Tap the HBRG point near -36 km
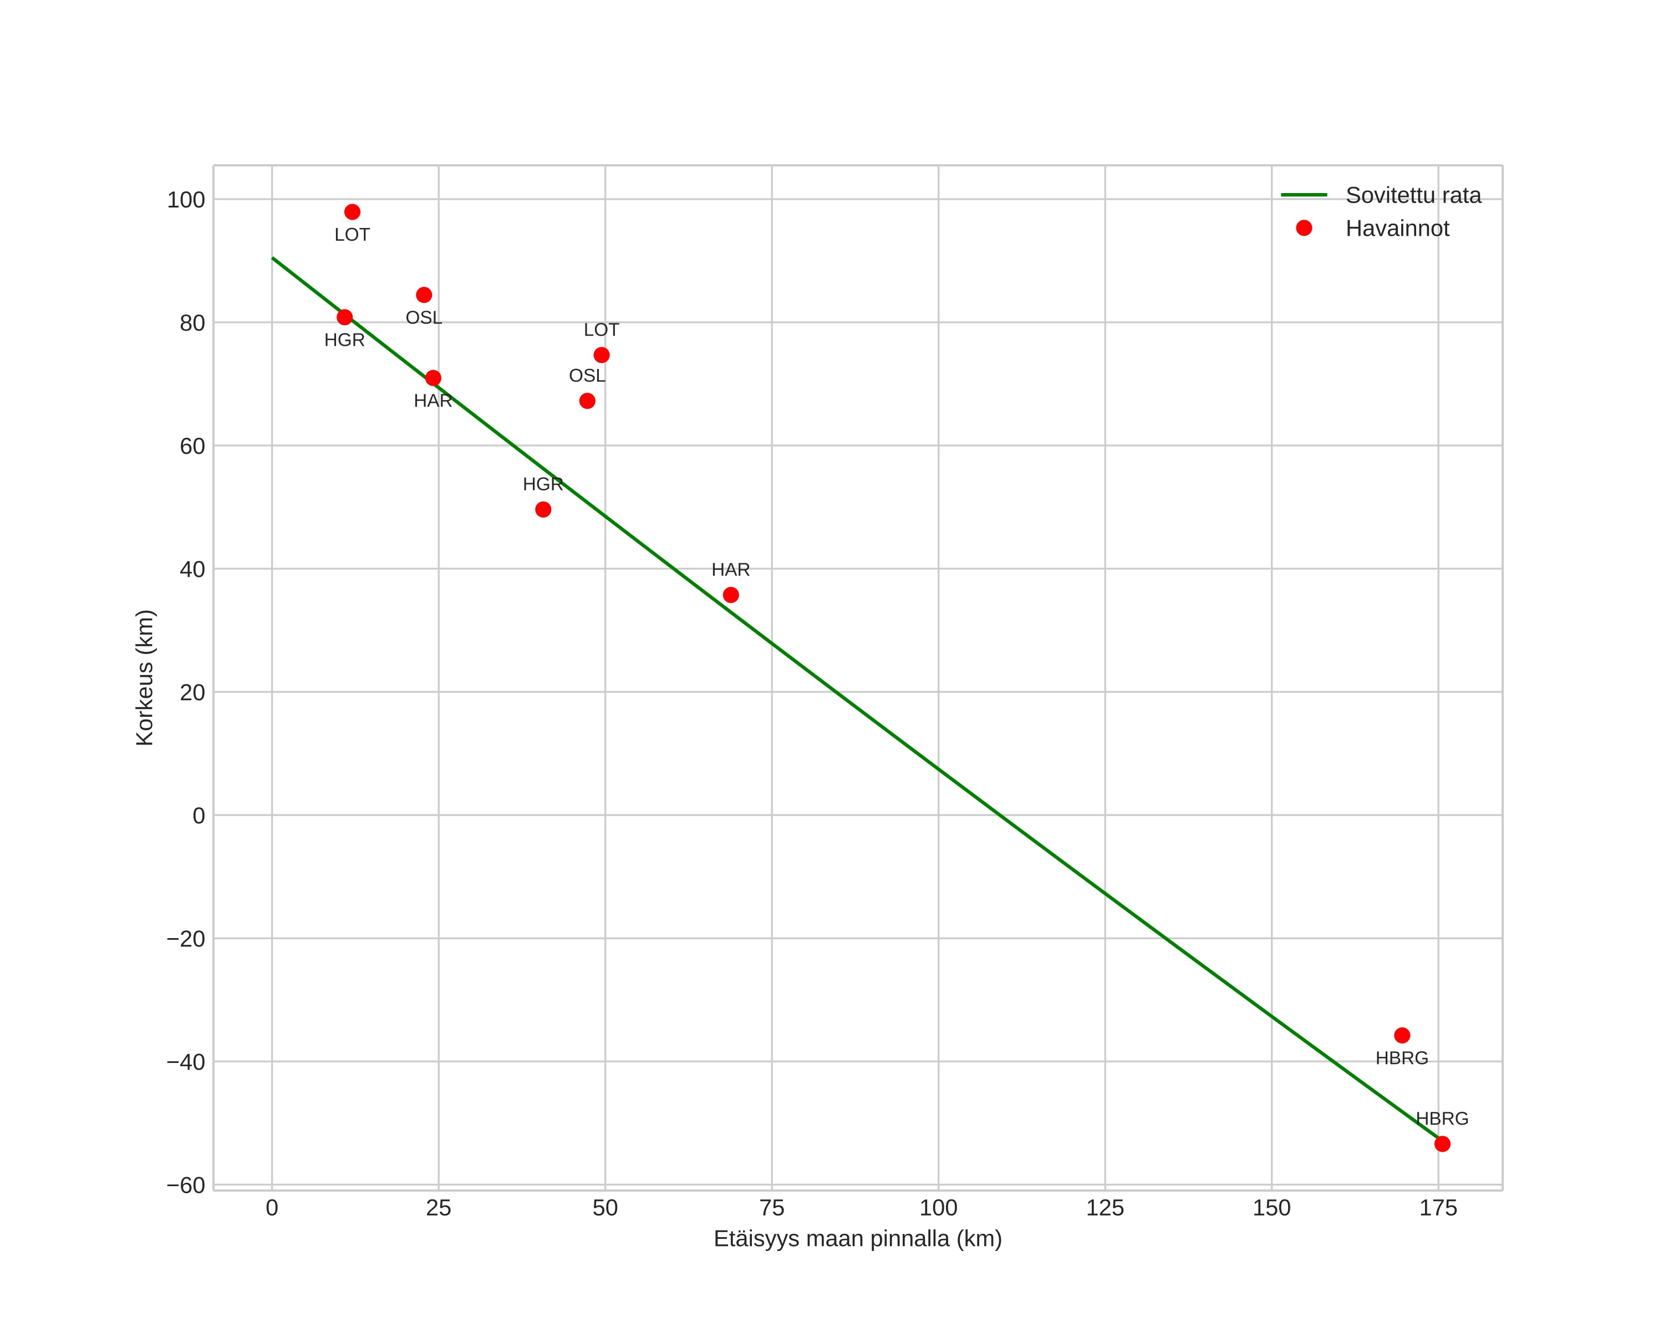coord(1402,1035)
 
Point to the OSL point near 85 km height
coord(424,295)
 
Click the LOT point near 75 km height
coord(601,355)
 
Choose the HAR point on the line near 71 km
coord(433,378)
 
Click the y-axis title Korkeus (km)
coord(145,677)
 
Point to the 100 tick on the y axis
coord(186,200)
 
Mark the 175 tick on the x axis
coord(1438,1208)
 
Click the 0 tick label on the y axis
coord(199,816)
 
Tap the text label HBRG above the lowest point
coord(1442,1118)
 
